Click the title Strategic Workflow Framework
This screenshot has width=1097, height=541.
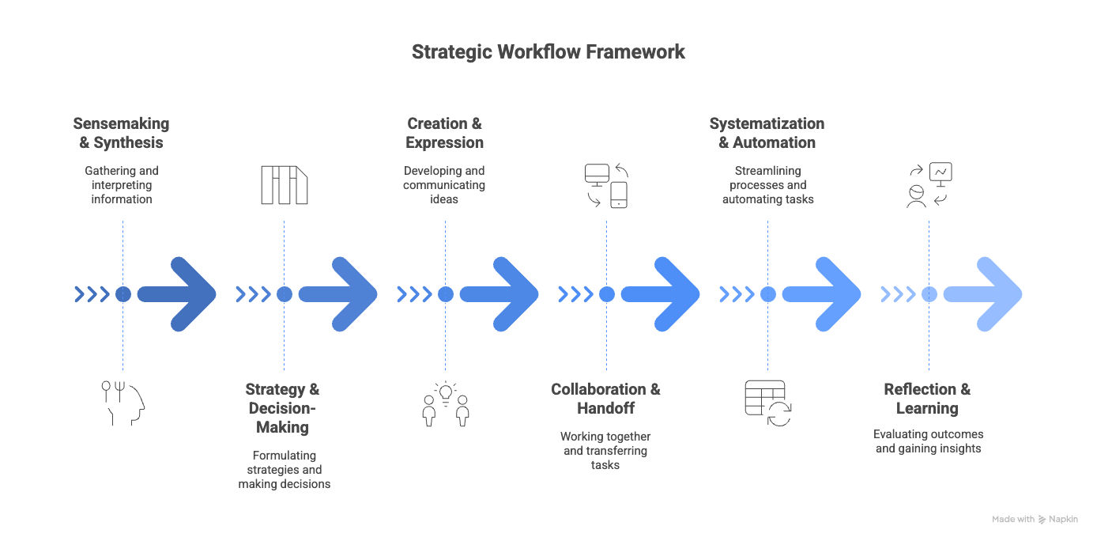pos(548,52)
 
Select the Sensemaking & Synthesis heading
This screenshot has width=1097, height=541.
pos(121,134)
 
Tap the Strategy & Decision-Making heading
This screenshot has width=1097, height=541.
pos(282,408)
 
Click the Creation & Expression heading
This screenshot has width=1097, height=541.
pos(444,134)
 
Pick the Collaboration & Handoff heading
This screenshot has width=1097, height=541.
pos(605,399)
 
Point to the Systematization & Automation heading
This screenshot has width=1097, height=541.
pos(767,134)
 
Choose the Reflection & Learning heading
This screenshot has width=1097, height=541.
pos(927,399)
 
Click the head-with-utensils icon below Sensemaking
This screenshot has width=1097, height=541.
pos(125,403)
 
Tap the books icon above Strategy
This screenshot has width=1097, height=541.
pos(284,185)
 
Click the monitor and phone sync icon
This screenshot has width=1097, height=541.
pos(606,185)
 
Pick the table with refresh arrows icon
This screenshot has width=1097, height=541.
pos(767,403)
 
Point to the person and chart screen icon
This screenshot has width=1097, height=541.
pos(929,185)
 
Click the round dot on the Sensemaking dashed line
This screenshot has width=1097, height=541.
pos(123,294)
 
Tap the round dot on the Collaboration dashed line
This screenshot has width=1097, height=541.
pos(606,294)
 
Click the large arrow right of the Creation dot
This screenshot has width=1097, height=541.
pos(499,294)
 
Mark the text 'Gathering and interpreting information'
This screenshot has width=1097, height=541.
pos(121,185)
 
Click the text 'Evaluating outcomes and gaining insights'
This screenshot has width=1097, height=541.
pos(928,441)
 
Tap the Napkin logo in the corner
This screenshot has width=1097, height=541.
pos(1057,520)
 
